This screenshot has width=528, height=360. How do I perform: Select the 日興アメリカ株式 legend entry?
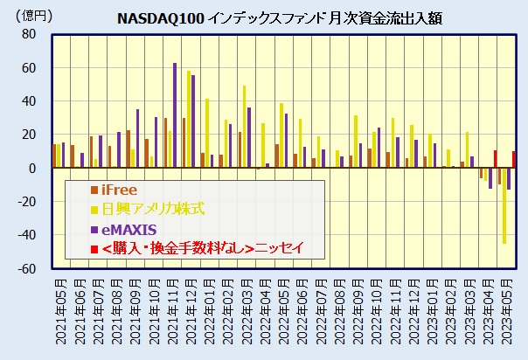point(149,209)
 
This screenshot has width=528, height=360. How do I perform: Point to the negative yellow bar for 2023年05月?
point(504,205)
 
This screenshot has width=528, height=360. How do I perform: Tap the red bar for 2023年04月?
point(495,159)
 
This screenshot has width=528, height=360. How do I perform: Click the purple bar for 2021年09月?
point(137,138)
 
